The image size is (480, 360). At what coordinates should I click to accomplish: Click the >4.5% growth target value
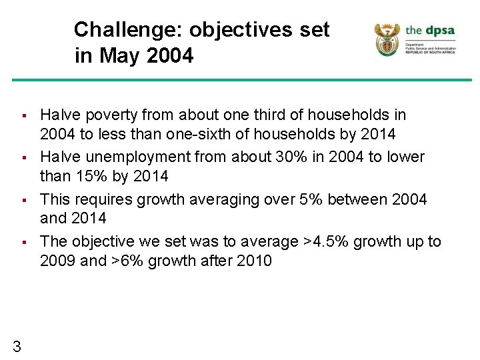point(326,241)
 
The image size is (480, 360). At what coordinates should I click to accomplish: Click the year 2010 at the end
point(254,261)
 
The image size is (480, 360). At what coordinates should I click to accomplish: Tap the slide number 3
point(17,345)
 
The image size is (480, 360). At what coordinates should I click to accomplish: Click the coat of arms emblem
point(387,39)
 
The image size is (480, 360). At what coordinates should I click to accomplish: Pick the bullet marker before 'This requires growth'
point(22,200)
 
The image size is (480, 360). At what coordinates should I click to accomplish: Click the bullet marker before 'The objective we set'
point(22,242)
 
